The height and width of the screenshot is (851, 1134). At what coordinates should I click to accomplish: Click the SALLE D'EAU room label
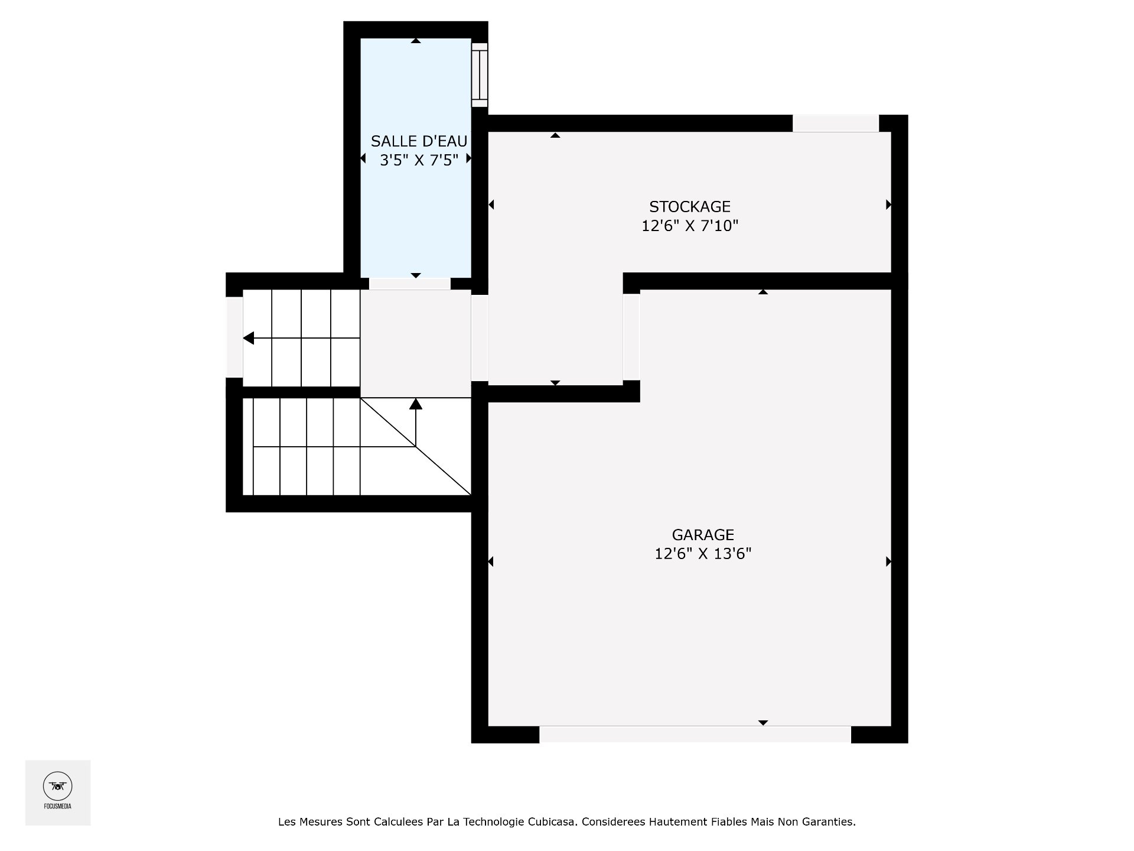pyautogui.click(x=419, y=141)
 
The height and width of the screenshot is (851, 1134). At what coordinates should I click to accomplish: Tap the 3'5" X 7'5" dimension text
pyautogui.click(x=419, y=160)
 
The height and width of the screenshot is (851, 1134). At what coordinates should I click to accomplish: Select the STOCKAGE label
pyautogui.click(x=690, y=207)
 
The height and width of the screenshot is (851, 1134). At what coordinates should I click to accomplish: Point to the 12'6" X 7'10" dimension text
pyautogui.click(x=690, y=226)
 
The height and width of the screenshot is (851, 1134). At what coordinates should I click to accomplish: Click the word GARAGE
pyautogui.click(x=703, y=535)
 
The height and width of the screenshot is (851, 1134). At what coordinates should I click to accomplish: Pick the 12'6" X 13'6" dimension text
pyautogui.click(x=703, y=554)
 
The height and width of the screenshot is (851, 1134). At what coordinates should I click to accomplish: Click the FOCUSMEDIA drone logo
pyautogui.click(x=57, y=786)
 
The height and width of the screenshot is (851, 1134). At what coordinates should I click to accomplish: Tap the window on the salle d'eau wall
pyautogui.click(x=480, y=74)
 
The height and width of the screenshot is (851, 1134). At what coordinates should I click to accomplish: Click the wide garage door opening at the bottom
pyautogui.click(x=695, y=734)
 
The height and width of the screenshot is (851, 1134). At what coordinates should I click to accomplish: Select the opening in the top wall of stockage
pyautogui.click(x=835, y=123)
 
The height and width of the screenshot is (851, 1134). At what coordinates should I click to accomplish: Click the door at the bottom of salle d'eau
pyautogui.click(x=410, y=284)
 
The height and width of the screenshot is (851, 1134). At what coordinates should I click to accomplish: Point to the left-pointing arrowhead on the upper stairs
pyautogui.click(x=249, y=338)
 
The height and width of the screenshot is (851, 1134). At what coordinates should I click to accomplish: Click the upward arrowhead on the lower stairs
pyautogui.click(x=416, y=404)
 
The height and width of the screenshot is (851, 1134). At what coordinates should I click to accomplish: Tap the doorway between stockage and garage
pyautogui.click(x=631, y=337)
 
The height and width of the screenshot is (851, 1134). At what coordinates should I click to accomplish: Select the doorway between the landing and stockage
pyautogui.click(x=480, y=337)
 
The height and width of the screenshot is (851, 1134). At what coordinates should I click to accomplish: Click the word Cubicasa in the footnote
pyautogui.click(x=552, y=822)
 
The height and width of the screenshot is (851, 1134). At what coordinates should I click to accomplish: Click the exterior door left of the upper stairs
pyautogui.click(x=234, y=336)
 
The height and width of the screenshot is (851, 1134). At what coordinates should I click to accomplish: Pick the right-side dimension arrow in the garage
pyautogui.click(x=888, y=561)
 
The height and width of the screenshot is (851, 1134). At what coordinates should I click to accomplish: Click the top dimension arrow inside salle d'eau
pyautogui.click(x=416, y=41)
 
